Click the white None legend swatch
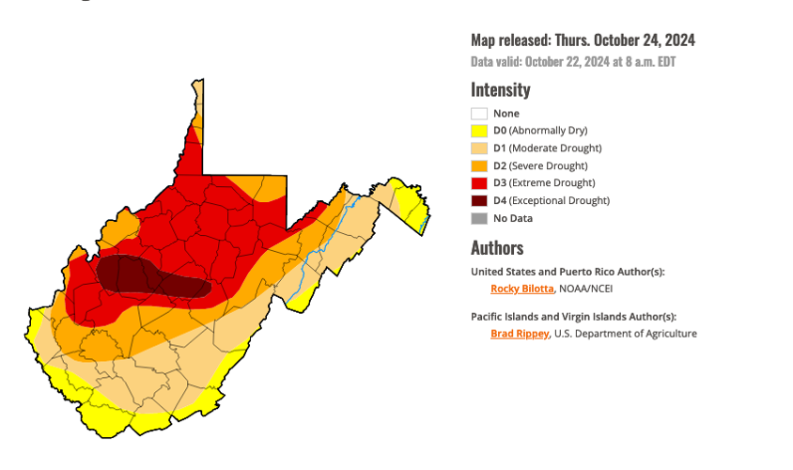pos(479,114)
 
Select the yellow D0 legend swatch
pos(479,131)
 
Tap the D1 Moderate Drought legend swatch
pos(479,149)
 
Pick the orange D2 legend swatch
pos(479,166)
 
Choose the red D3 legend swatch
pos(479,183)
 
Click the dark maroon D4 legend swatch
pos(479,201)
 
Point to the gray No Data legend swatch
pos(479,218)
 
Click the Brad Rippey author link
pos(519,334)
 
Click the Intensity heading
pos(500,90)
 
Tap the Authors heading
pos(497,248)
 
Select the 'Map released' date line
pos(583,40)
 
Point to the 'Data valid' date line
pos(573,62)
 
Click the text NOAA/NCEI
pos(586,289)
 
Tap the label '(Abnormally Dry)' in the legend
pos(548,131)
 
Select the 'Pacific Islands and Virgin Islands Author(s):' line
pos(573,317)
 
